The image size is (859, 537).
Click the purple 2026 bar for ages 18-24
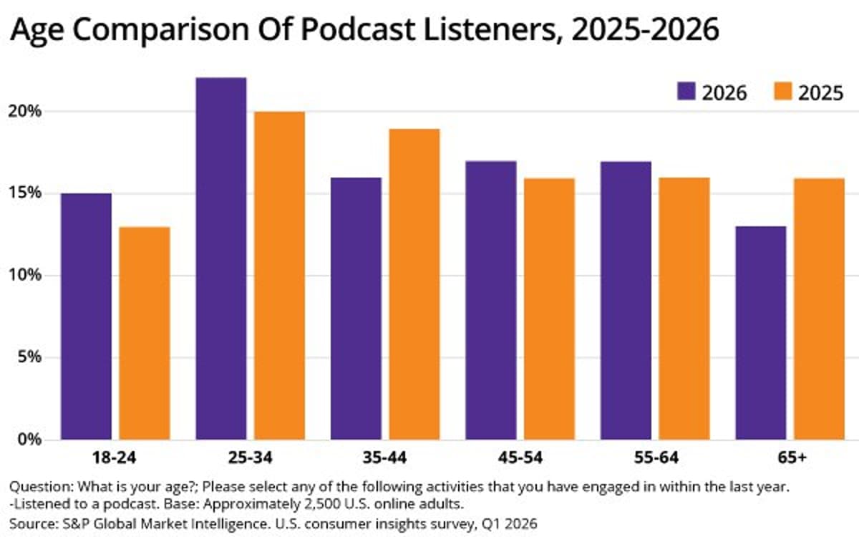[x=86, y=316]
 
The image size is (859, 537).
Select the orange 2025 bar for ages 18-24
[x=145, y=332]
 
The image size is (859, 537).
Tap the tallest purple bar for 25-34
[x=220, y=258]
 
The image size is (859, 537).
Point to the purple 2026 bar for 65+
[x=760, y=332]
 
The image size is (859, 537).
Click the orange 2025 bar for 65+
[x=819, y=308]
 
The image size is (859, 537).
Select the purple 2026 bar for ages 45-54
[x=490, y=300]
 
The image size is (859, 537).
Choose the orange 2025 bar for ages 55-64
[x=684, y=308]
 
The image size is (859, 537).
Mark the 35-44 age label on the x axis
[x=384, y=456]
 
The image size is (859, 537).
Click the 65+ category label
[x=790, y=456]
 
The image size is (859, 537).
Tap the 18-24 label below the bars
[x=115, y=456]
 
